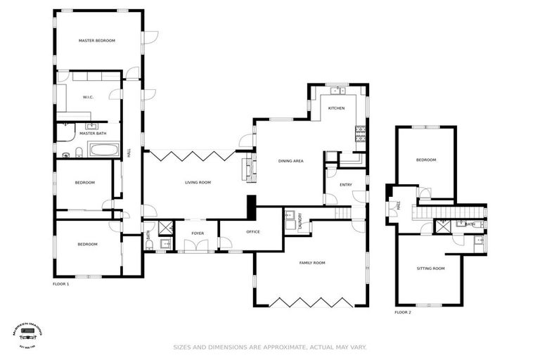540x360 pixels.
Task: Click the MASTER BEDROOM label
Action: click(97, 41)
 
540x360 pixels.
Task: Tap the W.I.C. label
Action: click(89, 97)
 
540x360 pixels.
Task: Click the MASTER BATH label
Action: click(92, 133)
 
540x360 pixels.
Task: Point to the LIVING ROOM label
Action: click(198, 183)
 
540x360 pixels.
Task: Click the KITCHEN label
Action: click(336, 108)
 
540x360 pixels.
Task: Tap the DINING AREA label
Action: click(290, 161)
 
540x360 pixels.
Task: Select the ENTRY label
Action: click(345, 185)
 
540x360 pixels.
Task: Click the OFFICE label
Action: click(253, 232)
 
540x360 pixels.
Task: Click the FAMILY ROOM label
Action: click(312, 263)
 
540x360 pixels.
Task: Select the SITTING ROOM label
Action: click(431, 269)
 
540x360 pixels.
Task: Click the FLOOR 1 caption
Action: click(61, 284)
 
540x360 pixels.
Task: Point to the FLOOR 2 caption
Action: click(403, 311)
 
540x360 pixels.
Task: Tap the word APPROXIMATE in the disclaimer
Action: click(264, 347)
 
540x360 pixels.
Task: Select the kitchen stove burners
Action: click(361, 133)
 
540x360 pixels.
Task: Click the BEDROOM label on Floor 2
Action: click(426, 160)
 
